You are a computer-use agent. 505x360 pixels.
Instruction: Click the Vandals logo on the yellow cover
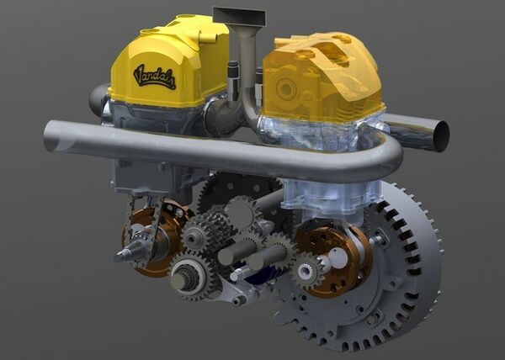pos(154,77)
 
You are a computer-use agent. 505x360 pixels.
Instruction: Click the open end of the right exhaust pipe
pos(440,136)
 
